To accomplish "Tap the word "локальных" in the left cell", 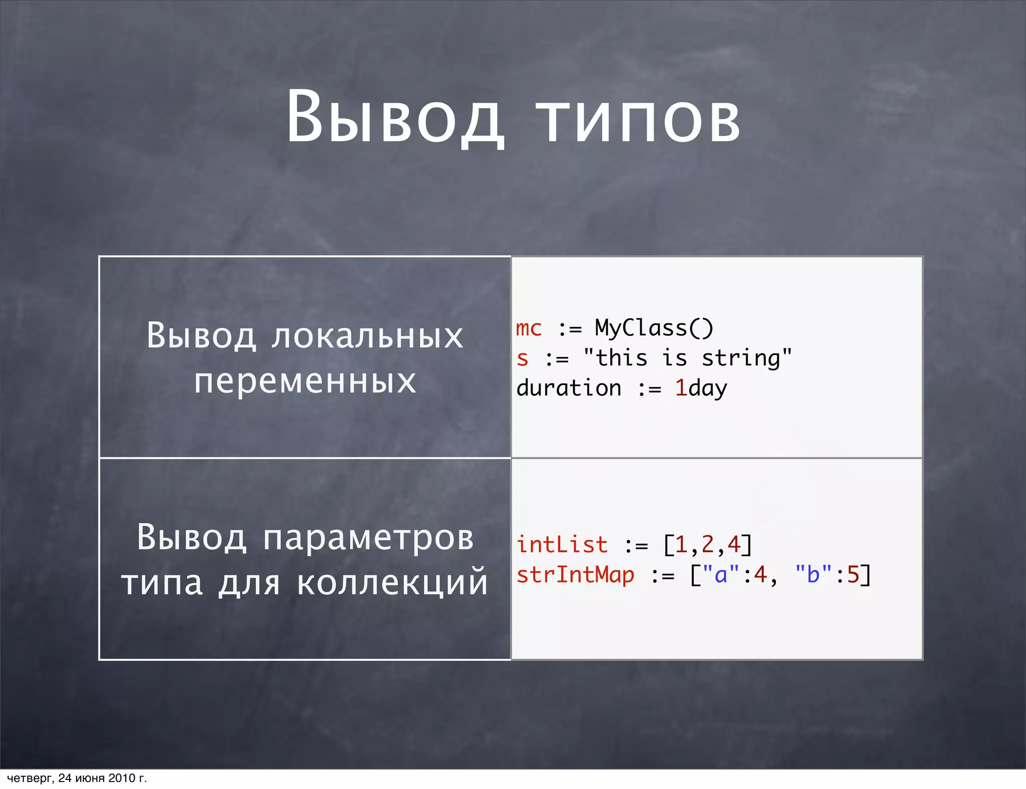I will (x=367, y=335).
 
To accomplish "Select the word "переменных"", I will (x=305, y=381).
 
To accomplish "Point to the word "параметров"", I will (x=368, y=538).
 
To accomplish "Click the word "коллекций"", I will (x=392, y=583).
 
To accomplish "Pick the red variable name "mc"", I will (x=529, y=328).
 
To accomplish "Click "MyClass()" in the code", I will (x=654, y=328).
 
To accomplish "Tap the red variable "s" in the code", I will (x=523, y=358).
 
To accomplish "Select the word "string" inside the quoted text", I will (x=741, y=358).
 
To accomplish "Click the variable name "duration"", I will (x=569, y=388).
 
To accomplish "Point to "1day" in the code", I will (x=701, y=388).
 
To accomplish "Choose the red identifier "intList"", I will (x=562, y=545).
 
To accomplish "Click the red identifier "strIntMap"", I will (x=576, y=575).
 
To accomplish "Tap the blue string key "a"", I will (x=721, y=575).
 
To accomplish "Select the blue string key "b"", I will (x=813, y=575).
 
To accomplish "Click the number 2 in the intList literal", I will (x=707, y=545).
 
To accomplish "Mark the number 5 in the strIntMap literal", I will (x=853, y=575).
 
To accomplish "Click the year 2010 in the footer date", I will (x=122, y=778).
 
